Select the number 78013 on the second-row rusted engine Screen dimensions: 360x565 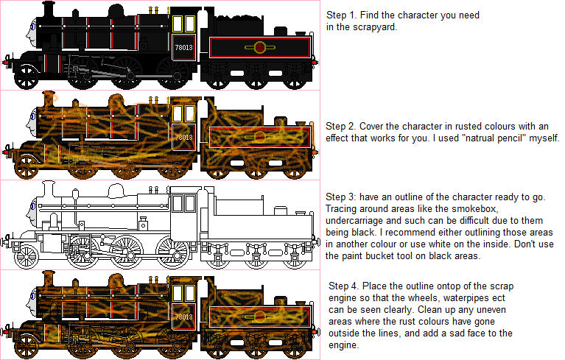[183, 137]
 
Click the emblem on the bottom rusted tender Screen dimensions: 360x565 [260, 317]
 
